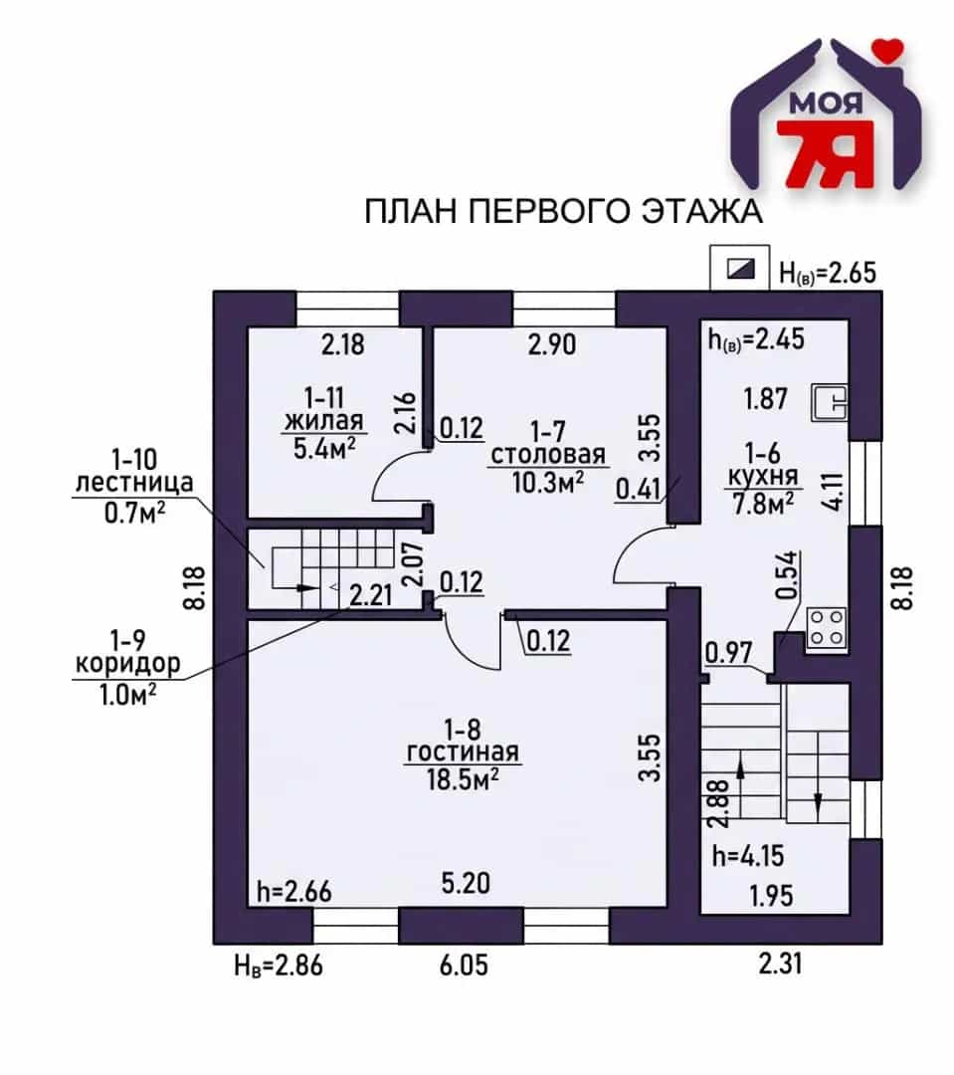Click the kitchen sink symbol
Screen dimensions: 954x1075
point(830,402)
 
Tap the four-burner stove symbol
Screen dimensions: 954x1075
point(827,628)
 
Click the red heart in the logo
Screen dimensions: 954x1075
point(890,50)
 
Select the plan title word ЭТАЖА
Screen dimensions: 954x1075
point(701,211)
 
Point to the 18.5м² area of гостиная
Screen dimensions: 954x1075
point(463,778)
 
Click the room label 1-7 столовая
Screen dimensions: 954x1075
point(548,443)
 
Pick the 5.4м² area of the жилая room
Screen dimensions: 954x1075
point(325,448)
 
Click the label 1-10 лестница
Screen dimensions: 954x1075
point(134,470)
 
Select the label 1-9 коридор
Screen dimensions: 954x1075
point(128,651)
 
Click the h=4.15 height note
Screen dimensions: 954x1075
point(748,856)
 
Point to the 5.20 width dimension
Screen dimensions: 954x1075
point(466,883)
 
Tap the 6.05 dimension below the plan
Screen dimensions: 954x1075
point(464,966)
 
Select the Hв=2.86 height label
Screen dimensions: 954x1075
point(279,966)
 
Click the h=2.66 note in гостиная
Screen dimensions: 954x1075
point(294,891)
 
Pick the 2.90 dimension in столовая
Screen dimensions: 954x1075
point(552,344)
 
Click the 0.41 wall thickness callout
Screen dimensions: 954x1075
point(638,490)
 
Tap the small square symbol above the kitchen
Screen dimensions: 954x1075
point(740,268)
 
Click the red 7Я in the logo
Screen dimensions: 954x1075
point(825,154)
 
